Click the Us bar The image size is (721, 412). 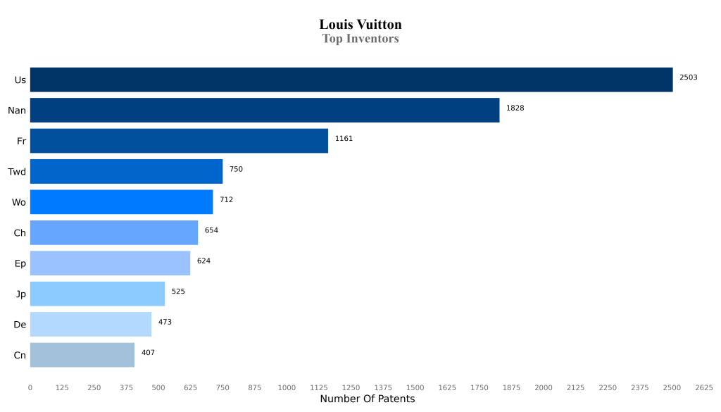pyautogui.click(x=351, y=80)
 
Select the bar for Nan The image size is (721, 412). pyautogui.click(x=264, y=110)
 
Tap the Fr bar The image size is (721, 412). pyautogui.click(x=179, y=141)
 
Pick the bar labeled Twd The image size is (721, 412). pyautogui.click(x=126, y=171)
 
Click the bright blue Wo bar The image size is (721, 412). pyautogui.click(x=121, y=202)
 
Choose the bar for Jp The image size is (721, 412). pyautogui.click(x=97, y=294)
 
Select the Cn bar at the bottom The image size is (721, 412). pyautogui.click(x=82, y=355)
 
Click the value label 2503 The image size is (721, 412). pyautogui.click(x=688, y=77)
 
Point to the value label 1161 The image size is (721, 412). pyautogui.click(x=344, y=139)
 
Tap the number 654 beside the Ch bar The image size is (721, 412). pyautogui.click(x=211, y=230)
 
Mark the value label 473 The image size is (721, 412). pyautogui.click(x=165, y=322)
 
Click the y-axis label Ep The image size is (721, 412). pyautogui.click(x=20, y=263)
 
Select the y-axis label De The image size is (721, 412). pyautogui.click(x=20, y=325)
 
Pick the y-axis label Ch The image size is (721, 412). pyautogui.click(x=20, y=233)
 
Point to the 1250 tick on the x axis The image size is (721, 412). pyautogui.click(x=351, y=387)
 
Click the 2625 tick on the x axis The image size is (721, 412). pyautogui.click(x=703, y=387)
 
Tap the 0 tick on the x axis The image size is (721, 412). pyautogui.click(x=30, y=387)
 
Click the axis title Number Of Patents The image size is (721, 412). pyautogui.click(x=367, y=399)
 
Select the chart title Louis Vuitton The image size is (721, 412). pyautogui.click(x=360, y=25)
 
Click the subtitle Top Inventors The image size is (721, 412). pyautogui.click(x=360, y=39)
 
